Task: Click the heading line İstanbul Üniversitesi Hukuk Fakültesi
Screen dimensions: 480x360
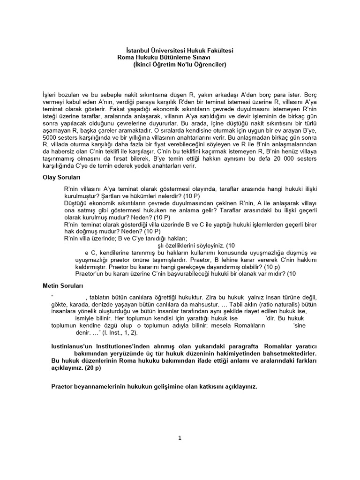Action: tap(180, 50)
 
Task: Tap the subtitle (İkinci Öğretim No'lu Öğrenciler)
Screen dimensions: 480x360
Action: tap(180, 64)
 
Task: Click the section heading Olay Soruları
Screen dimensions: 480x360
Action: tap(62, 178)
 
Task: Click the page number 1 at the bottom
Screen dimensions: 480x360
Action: tap(179, 438)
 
